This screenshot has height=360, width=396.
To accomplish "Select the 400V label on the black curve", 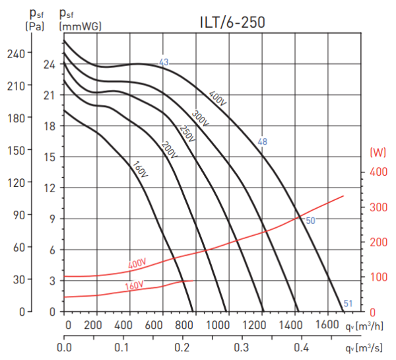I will click(x=218, y=98).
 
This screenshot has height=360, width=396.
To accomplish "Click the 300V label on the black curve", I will click(x=201, y=117).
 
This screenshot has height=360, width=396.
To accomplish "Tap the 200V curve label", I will click(x=169, y=149).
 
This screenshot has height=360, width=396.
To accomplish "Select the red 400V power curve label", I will click(x=137, y=265).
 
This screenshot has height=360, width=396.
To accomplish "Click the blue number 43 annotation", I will click(x=164, y=63).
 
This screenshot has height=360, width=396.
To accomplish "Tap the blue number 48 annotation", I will click(x=263, y=142).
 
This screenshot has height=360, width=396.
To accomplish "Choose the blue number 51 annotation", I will click(x=348, y=303).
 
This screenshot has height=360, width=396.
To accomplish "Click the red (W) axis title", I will click(x=378, y=153).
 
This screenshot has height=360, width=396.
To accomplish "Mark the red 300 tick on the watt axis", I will click(x=376, y=207).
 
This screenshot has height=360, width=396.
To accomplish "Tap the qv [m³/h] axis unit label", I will click(x=368, y=326).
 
